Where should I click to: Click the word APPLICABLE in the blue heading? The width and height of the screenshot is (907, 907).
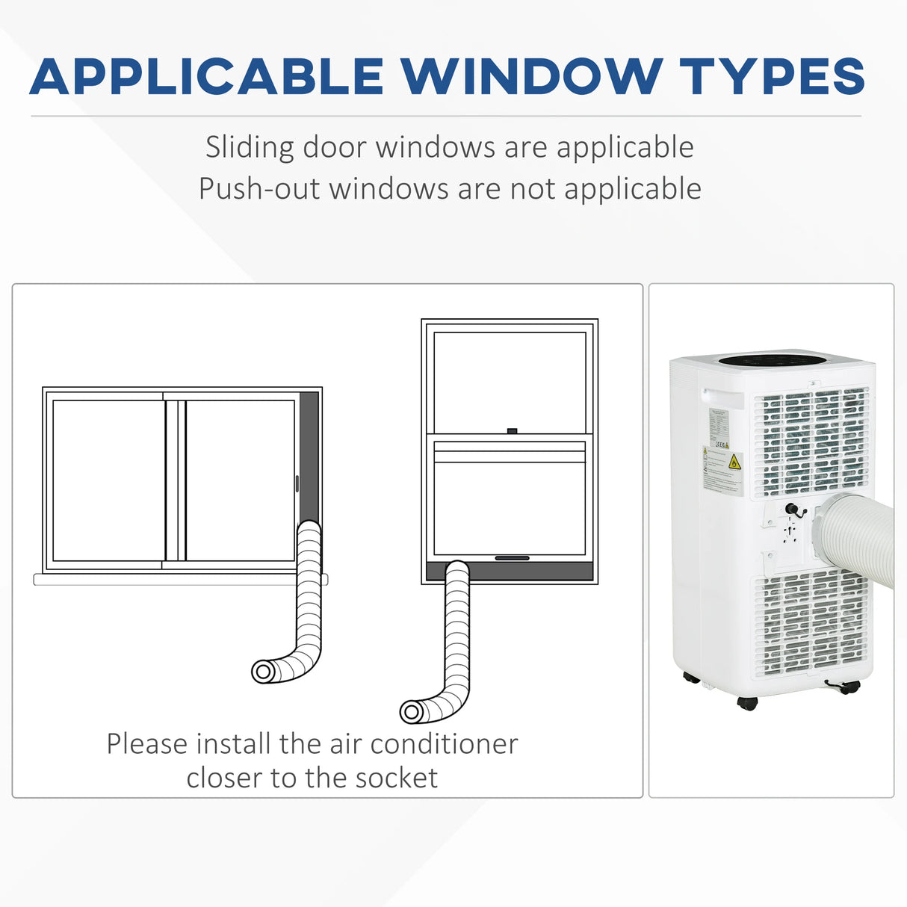tap(206, 76)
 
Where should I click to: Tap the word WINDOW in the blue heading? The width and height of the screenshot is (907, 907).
tap(531, 76)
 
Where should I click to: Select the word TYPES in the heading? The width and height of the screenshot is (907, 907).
tap(772, 76)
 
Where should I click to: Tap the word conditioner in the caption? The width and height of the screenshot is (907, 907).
tap(444, 744)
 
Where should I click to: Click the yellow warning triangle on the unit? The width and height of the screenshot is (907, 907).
tap(734, 462)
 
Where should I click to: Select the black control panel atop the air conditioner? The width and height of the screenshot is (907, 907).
tap(773, 361)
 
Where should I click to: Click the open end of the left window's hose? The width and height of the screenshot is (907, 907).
tap(262, 672)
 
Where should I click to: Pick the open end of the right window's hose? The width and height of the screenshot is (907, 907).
tap(411, 712)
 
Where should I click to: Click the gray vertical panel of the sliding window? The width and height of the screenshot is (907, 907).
tap(309, 456)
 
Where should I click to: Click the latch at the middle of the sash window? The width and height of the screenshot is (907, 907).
tap(512, 431)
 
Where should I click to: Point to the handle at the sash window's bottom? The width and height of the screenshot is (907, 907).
tap(512, 558)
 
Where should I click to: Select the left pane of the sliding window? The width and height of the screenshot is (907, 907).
tap(108, 480)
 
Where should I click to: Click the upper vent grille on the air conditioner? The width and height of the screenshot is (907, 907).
tap(810, 441)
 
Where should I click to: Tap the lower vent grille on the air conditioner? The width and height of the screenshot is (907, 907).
tap(810, 624)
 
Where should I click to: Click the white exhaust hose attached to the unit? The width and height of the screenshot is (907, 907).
tap(859, 534)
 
